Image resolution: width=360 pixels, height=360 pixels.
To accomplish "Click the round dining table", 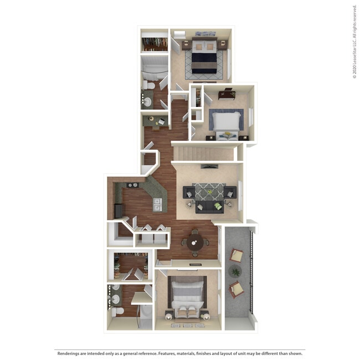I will [x=194, y=241].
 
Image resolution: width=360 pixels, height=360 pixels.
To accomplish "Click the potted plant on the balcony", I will [x=236, y=271].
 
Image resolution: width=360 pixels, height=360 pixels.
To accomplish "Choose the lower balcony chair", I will [x=236, y=289].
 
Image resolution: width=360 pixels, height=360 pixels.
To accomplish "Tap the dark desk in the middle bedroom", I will [x=226, y=94].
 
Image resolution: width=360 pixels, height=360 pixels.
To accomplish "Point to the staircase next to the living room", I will [x=204, y=153].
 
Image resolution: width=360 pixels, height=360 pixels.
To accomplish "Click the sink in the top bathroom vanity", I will [x=147, y=101].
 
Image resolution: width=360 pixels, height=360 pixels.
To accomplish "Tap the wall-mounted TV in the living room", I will [x=208, y=166].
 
